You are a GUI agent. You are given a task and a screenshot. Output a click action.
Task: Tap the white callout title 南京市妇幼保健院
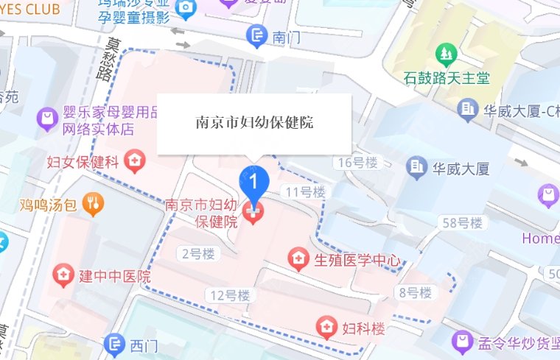pos(254,123)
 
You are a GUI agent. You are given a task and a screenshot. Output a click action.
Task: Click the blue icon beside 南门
pos(257,34)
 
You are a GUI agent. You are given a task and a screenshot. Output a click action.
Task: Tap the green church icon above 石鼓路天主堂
pos(445,53)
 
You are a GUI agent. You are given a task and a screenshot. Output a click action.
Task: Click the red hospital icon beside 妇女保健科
pos(135,160)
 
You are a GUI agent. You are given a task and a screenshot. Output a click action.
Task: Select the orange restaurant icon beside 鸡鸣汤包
pos(94,203)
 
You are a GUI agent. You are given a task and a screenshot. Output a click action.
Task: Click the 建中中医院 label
pos(115,277)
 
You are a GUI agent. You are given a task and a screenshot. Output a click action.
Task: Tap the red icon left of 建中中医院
pos(65,277)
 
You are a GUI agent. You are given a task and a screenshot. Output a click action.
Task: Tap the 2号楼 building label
pos(197,254)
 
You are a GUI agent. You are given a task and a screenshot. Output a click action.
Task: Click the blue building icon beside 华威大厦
pos(418,167)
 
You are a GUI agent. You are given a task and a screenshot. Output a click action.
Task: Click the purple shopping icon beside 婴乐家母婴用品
pos(49,118)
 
